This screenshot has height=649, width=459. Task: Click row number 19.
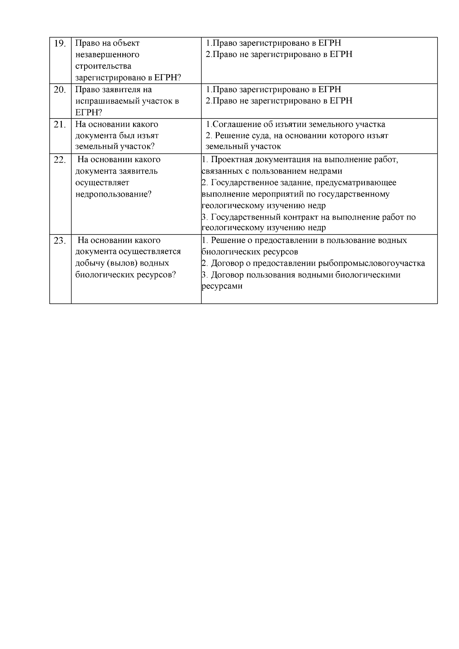pyautogui.click(x=60, y=44)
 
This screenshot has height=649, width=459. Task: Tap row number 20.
pyautogui.click(x=60, y=90)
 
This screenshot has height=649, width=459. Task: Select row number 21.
pyautogui.click(x=60, y=125)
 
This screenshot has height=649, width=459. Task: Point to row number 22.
pyautogui.click(x=60, y=160)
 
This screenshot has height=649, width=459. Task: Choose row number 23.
pyautogui.click(x=60, y=241)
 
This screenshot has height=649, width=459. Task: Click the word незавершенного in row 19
pyautogui.click(x=107, y=55)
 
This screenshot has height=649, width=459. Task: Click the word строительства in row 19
pyautogui.click(x=103, y=66)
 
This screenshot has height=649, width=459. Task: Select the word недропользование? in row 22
pyautogui.click(x=113, y=194)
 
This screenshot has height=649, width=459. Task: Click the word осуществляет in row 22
pyautogui.click(x=102, y=183)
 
